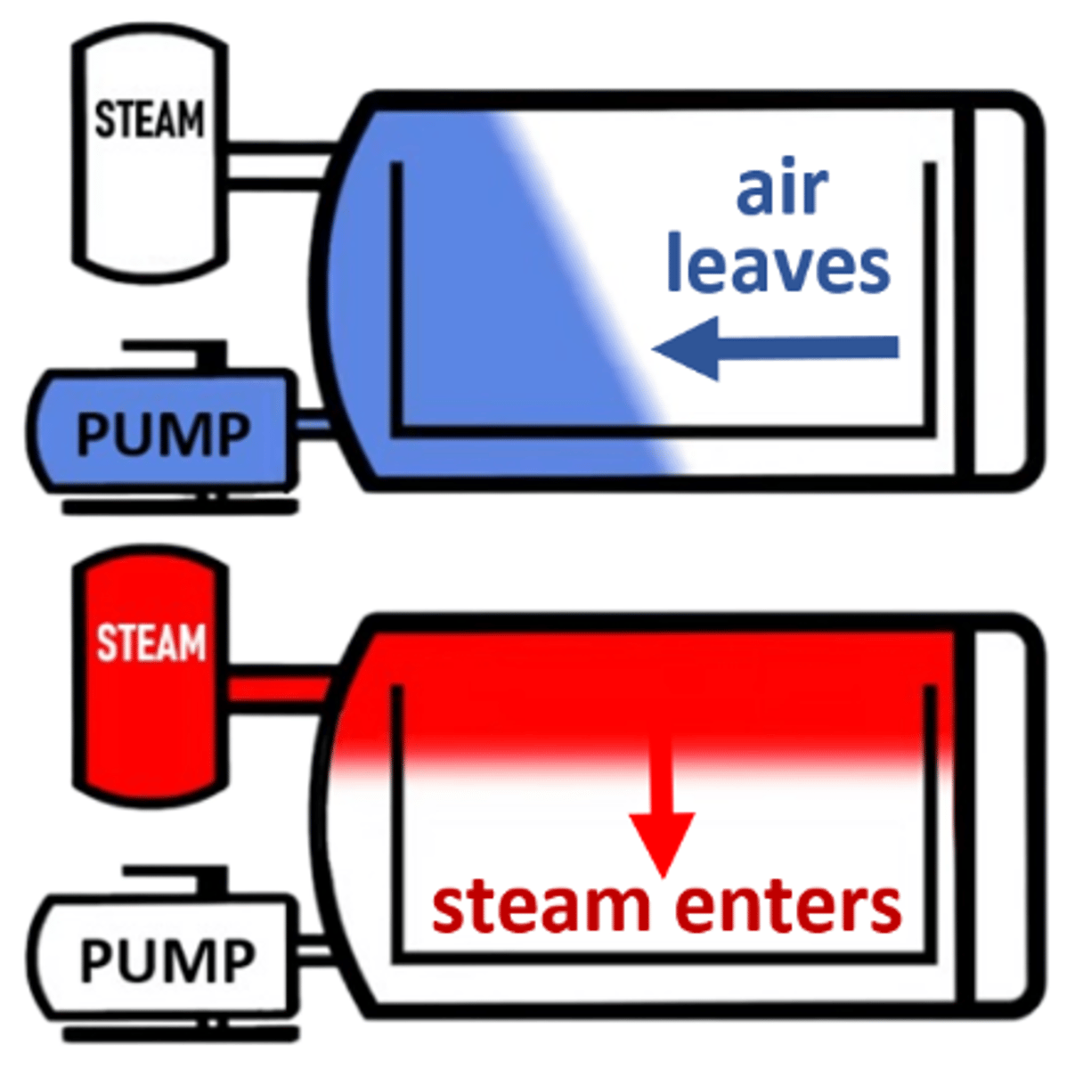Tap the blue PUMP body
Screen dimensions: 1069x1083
[160, 433]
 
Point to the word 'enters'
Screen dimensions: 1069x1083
[788, 907]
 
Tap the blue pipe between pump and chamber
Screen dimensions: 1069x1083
[312, 425]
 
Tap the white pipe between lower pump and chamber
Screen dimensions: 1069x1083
[312, 951]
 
